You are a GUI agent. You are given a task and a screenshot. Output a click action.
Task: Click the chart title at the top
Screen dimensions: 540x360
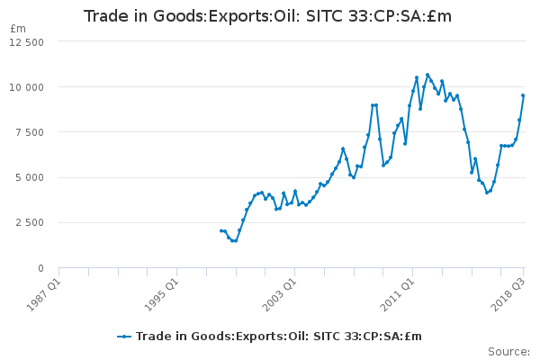point(267,16)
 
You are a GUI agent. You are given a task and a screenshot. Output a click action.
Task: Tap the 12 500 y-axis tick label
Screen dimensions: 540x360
point(26,42)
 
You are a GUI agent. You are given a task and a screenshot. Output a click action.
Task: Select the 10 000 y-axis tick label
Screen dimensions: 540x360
point(26,87)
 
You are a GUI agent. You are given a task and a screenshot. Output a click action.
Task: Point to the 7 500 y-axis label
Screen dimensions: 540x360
point(30,132)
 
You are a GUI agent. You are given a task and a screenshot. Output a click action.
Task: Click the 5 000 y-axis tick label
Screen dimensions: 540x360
point(30,178)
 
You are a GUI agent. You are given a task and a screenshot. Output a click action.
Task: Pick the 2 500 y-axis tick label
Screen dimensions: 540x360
point(30,222)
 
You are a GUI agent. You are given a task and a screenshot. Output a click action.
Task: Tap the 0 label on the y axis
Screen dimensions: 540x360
point(41,268)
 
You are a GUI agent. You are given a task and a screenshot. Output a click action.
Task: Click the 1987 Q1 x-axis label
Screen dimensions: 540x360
point(43,295)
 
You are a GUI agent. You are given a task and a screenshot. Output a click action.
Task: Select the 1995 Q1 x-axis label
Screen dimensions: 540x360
point(161,295)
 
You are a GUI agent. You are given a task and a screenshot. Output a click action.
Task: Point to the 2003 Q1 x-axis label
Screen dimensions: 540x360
point(279,295)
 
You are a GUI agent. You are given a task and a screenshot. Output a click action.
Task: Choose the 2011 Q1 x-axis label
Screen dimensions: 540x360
point(397,295)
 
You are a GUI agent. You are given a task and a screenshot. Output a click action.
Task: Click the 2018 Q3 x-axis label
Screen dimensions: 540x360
point(508,295)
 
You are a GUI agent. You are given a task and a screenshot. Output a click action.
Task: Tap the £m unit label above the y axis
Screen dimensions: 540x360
point(18,29)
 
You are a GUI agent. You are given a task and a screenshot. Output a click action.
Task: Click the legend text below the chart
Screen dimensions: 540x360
point(279,337)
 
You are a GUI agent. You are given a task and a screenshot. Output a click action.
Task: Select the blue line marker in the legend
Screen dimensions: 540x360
point(124,337)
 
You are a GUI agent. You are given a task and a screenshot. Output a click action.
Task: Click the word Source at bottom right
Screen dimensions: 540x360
point(509,352)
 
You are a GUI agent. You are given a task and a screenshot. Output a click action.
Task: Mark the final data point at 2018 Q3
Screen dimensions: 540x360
point(523,95)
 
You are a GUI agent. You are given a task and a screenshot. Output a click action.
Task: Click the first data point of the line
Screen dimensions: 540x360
point(221,230)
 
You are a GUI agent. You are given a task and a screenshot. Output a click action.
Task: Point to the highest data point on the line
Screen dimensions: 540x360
point(427,75)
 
